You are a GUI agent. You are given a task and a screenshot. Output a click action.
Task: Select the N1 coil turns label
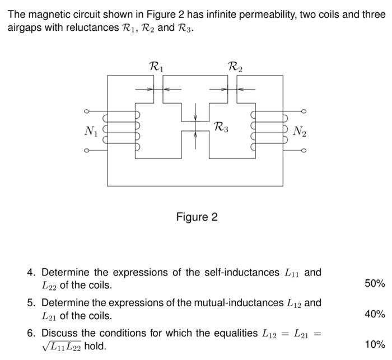pos(91,131)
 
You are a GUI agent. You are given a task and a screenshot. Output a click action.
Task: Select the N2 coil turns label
pos(300,132)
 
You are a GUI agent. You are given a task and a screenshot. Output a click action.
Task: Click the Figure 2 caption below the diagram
pos(197,217)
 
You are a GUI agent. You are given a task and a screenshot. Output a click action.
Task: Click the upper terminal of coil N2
pos(304,111)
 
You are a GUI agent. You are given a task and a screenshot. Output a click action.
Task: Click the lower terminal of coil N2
pos(304,151)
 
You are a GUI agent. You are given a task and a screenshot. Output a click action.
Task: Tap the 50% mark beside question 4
pos(375,283)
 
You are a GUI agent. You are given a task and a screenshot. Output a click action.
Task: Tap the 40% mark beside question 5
pos(375,314)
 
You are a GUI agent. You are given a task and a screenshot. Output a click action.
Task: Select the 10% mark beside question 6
pos(375,344)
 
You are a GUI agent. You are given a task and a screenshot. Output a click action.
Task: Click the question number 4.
pos(31,273)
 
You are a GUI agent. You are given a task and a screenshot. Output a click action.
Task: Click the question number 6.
pos(31,333)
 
